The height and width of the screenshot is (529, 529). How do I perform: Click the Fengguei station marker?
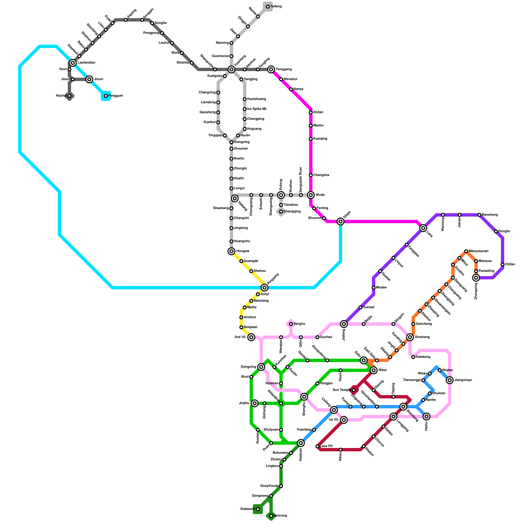(x=106, y=96)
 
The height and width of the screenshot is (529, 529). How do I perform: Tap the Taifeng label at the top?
(x=276, y=7)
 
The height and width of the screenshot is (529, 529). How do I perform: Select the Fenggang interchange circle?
(x=271, y=69)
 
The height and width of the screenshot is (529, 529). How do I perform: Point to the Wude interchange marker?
(x=311, y=195)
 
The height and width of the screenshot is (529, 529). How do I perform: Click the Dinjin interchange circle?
(x=341, y=222)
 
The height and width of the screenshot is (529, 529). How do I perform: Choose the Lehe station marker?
(x=423, y=228)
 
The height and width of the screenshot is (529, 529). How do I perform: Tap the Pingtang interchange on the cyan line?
(x=264, y=288)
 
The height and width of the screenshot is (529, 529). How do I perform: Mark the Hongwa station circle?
(x=231, y=251)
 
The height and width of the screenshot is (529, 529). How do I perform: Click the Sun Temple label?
(x=342, y=390)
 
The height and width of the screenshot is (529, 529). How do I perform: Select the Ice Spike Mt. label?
(x=257, y=109)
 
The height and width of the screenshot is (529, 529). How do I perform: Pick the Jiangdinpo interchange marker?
(x=450, y=380)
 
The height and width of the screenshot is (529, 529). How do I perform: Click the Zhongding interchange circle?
(x=476, y=278)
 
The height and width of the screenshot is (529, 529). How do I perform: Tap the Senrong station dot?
(x=271, y=516)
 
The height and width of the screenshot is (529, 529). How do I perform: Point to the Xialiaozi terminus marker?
(x=258, y=509)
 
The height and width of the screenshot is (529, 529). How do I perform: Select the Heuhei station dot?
(x=69, y=96)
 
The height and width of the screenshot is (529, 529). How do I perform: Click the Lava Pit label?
(x=326, y=446)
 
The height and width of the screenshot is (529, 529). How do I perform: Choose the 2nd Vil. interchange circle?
(x=251, y=337)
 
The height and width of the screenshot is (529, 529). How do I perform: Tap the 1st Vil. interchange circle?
(x=344, y=420)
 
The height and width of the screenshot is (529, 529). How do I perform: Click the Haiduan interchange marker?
(x=301, y=443)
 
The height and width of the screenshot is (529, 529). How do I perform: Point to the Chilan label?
(x=510, y=264)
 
